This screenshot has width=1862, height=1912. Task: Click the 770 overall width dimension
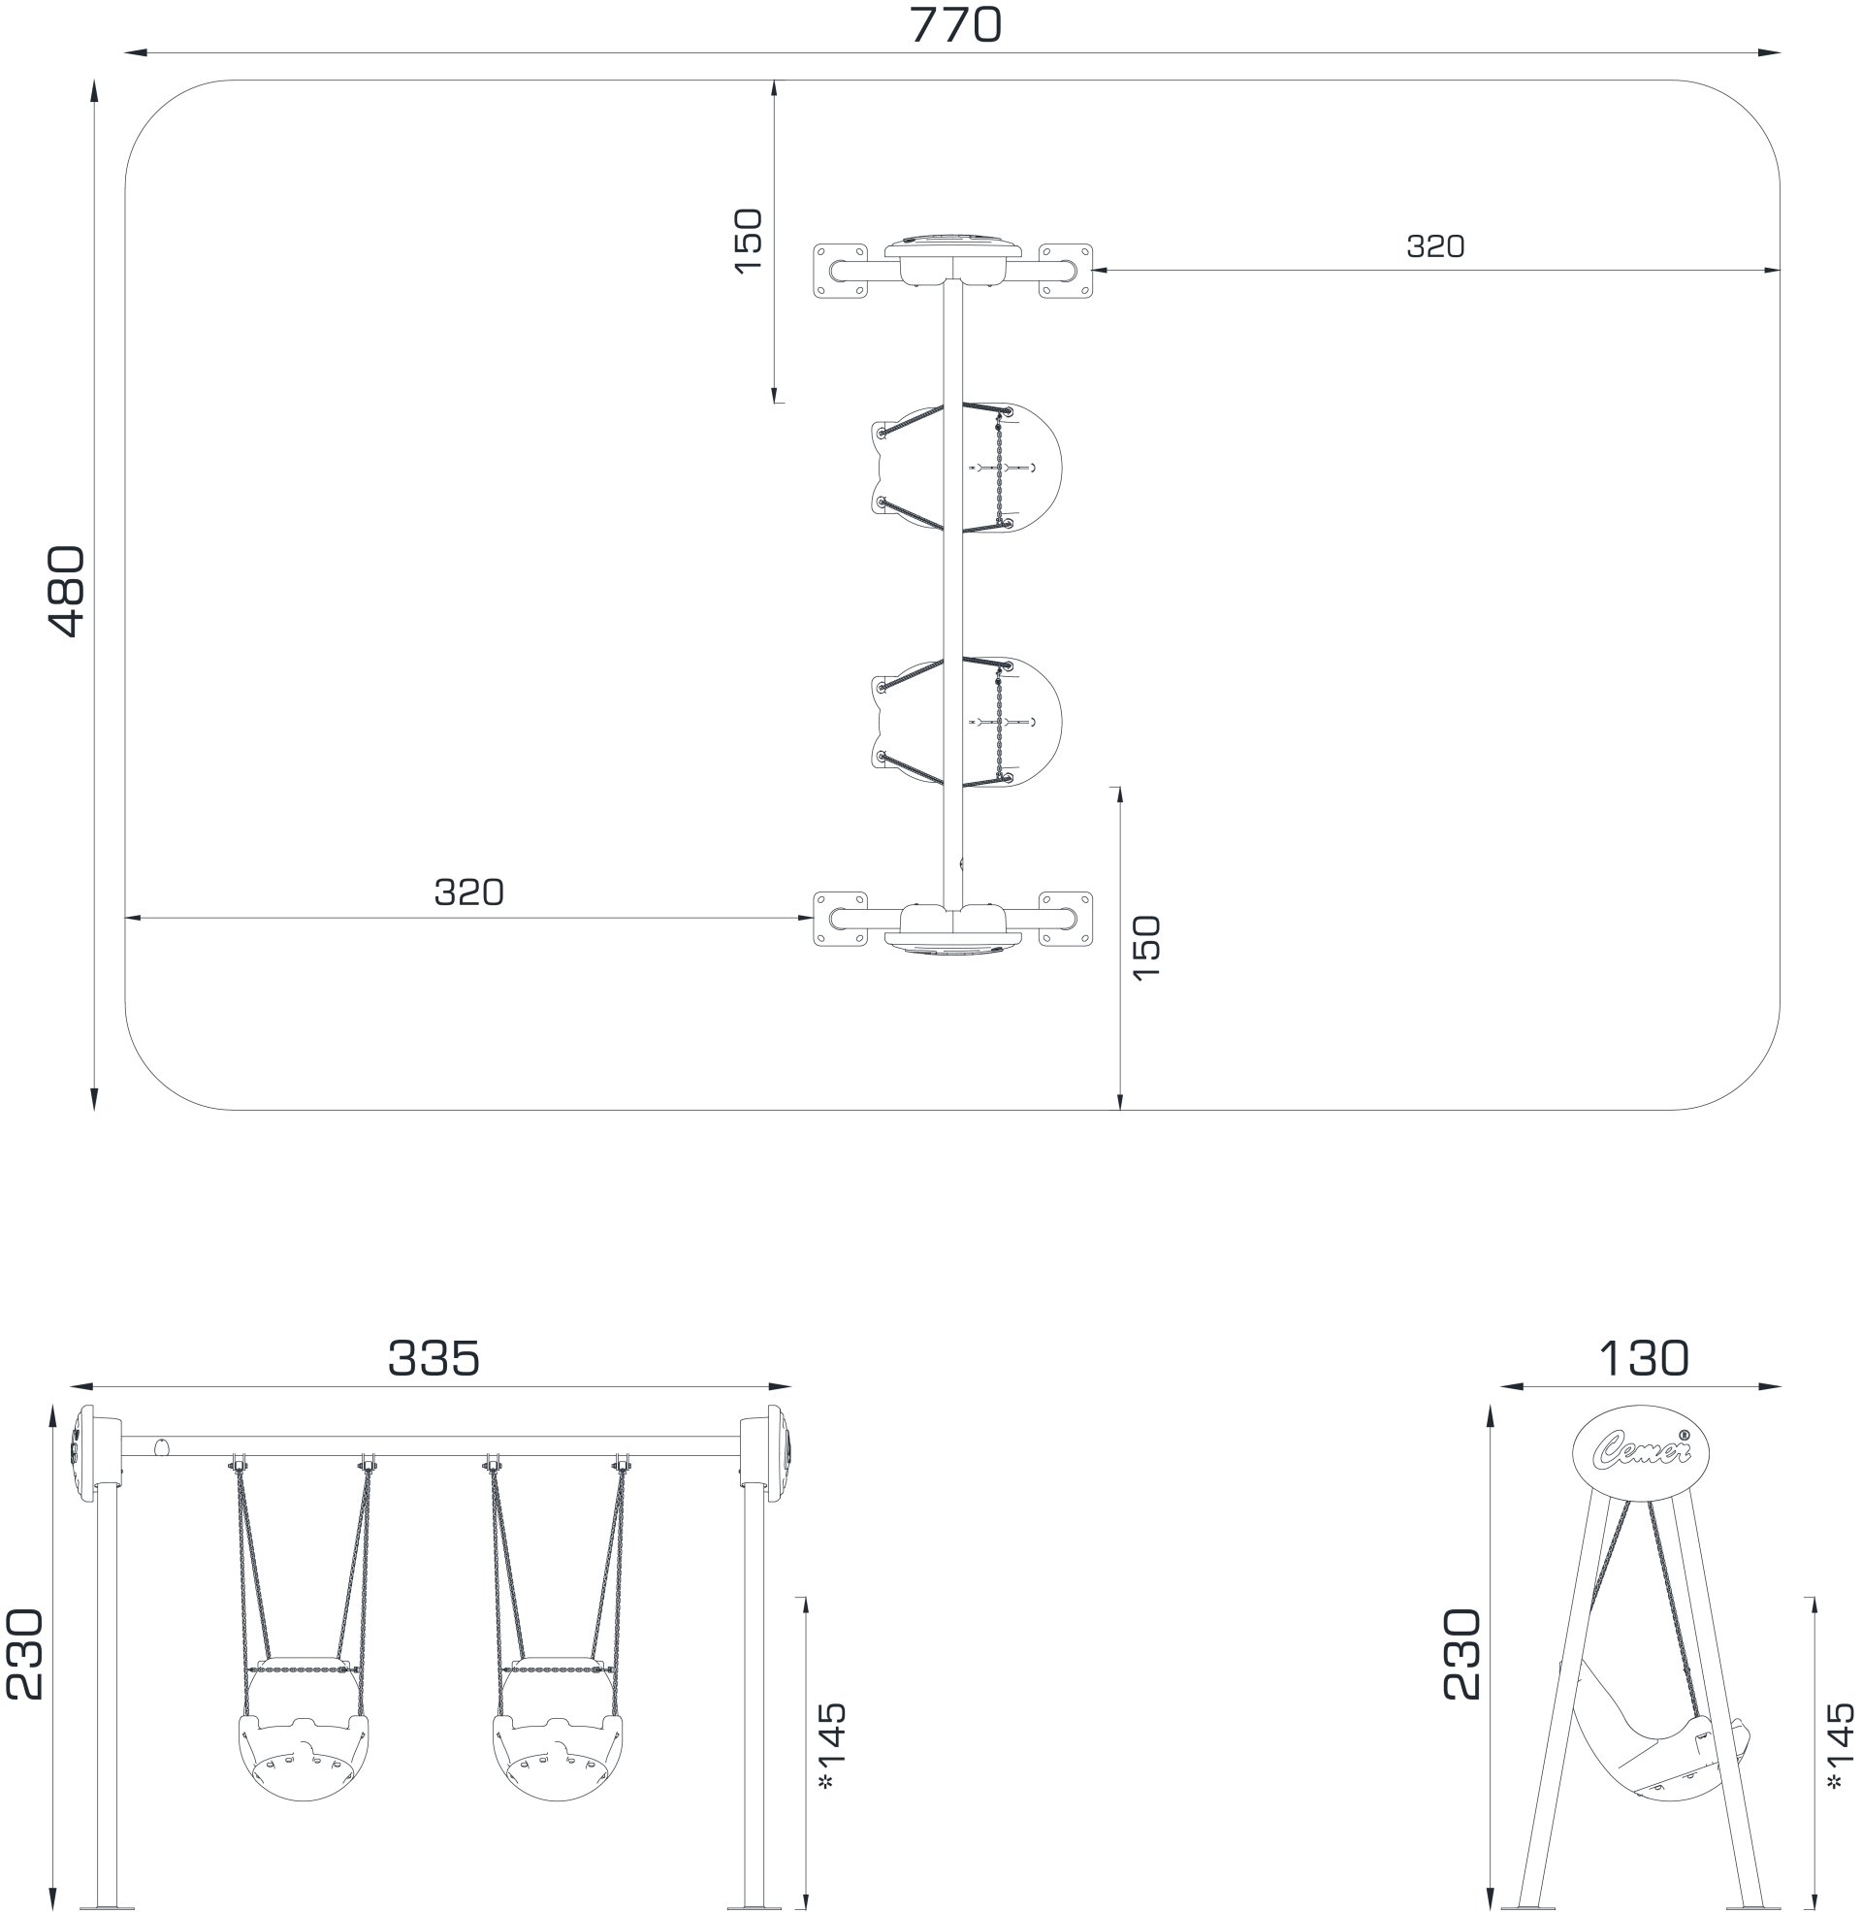click(x=955, y=25)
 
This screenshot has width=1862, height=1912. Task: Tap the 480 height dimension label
click(x=66, y=592)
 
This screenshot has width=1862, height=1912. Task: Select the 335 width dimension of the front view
click(x=434, y=1358)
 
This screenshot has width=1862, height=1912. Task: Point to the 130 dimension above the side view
click(x=1643, y=1358)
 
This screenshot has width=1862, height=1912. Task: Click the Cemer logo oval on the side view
click(x=1641, y=1453)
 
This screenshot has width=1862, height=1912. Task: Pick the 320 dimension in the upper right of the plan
click(x=1435, y=246)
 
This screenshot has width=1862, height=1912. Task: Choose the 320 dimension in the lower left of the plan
click(x=469, y=891)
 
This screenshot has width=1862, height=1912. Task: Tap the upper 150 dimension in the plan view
click(x=747, y=241)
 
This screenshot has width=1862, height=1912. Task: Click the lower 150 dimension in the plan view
click(x=1144, y=948)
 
